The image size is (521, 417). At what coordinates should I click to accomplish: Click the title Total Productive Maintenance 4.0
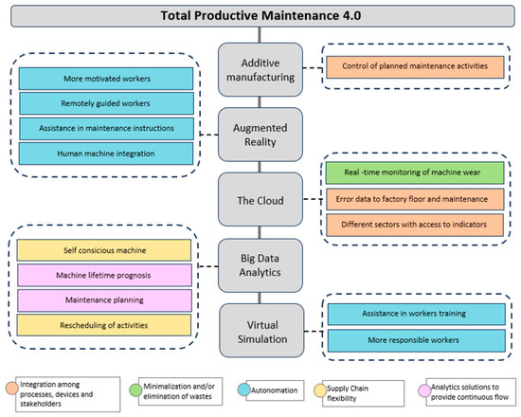(260, 16)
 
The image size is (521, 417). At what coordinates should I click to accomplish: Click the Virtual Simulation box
(260, 325)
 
